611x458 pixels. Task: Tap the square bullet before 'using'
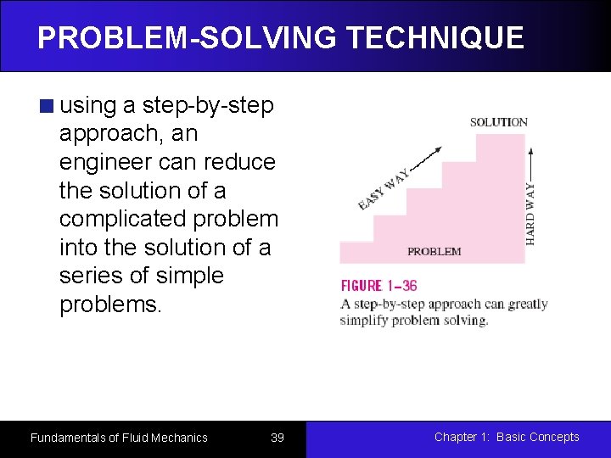[47, 106]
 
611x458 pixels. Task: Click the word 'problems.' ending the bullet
[110, 304]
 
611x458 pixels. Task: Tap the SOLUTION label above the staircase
[498, 122]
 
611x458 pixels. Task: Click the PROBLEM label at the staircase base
[434, 251]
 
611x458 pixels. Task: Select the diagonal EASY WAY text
[384, 187]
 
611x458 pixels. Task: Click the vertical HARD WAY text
[530, 212]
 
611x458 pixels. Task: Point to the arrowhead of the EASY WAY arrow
[440, 147]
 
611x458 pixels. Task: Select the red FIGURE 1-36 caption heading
[378, 286]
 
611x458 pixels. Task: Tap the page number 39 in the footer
[277, 438]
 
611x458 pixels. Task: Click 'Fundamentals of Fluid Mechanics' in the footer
[119, 438]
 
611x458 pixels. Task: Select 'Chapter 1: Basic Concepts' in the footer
[507, 437]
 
